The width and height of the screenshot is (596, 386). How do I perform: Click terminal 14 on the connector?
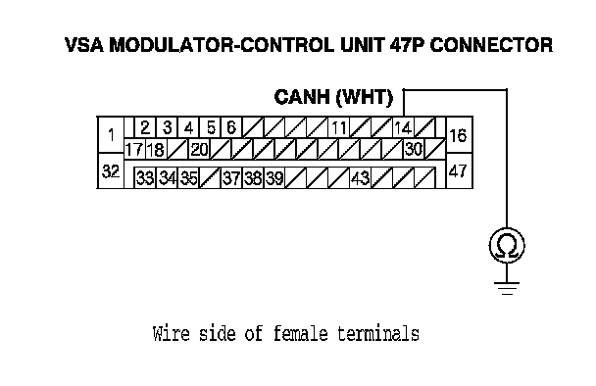(403, 127)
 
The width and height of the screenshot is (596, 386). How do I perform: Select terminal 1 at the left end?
(111, 135)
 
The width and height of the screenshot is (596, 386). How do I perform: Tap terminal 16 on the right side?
(459, 135)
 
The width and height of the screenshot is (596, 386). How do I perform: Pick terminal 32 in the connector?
(111, 171)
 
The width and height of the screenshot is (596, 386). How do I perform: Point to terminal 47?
(459, 171)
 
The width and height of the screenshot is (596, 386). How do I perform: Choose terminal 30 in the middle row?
(414, 149)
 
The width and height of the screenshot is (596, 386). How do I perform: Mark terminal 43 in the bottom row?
(361, 177)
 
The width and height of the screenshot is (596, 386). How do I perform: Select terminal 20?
(200, 149)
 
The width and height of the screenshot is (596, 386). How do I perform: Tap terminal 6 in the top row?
(231, 127)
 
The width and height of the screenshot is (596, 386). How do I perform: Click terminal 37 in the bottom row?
(231, 177)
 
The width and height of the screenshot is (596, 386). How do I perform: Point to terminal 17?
(134, 149)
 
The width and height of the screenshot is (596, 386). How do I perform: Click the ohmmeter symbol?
(507, 246)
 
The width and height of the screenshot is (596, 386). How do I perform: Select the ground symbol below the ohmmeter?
(507, 288)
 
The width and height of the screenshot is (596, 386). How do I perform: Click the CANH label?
(302, 97)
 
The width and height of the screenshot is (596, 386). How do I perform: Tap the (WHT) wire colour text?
(365, 98)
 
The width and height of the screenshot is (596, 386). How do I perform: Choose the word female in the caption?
(300, 333)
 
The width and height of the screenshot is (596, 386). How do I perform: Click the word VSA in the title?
(84, 45)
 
